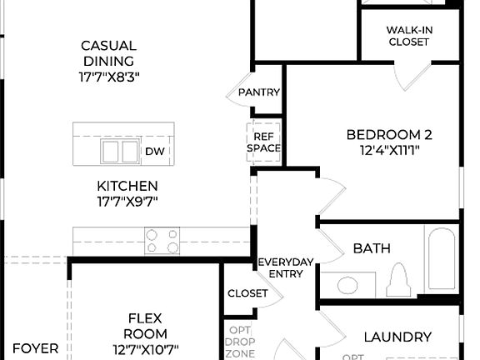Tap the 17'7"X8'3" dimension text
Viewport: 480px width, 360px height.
click(108, 76)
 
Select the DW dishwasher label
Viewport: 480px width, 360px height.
click(154, 151)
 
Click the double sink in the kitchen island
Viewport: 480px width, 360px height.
click(120, 151)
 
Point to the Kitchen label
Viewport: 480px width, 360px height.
click(126, 186)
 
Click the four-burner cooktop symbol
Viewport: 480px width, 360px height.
click(162, 241)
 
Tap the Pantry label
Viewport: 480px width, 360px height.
click(258, 92)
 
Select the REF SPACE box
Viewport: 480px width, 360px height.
click(263, 142)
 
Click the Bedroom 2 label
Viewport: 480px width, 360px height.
click(389, 135)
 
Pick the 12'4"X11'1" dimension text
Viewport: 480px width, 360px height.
click(389, 151)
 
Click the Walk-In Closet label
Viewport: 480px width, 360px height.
click(409, 36)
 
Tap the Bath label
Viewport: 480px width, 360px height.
click(372, 248)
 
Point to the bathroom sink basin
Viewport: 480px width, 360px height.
click(347, 285)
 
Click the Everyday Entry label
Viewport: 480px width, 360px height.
click(286, 267)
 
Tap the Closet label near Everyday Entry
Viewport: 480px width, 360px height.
click(247, 293)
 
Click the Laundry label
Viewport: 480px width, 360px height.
click(397, 337)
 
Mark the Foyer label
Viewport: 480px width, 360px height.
click(35, 348)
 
